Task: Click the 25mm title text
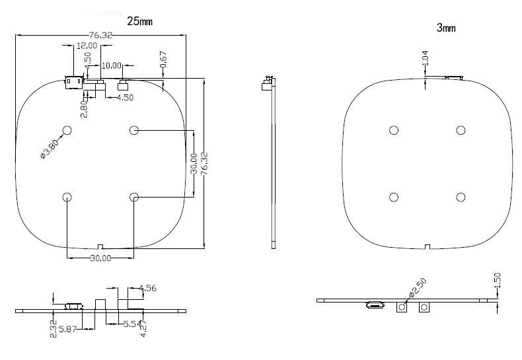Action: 139,21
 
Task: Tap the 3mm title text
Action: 446,28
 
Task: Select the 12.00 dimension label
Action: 87,46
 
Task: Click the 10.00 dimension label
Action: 111,65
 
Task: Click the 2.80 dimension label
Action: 84,108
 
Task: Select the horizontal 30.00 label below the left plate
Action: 100,258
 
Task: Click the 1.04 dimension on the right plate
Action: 426,57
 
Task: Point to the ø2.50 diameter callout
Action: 418,287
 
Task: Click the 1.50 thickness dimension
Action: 498,280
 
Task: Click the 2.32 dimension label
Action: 53,328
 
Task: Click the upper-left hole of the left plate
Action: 67,130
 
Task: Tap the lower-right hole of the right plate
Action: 461,197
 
